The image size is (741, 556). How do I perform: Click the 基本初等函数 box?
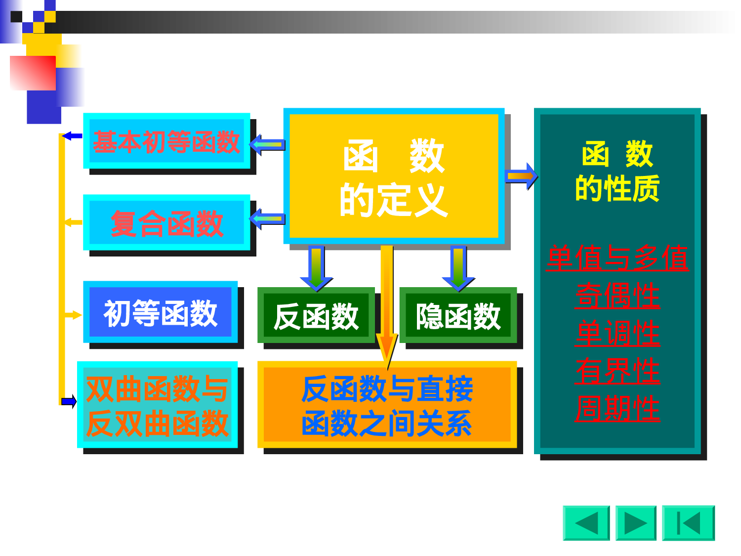click(x=166, y=141)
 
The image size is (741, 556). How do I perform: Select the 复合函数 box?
click(x=166, y=223)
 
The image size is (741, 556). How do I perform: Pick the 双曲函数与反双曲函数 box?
click(x=157, y=405)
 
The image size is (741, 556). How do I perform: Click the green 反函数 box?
click(x=316, y=316)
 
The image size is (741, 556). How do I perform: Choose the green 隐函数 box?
click(x=458, y=316)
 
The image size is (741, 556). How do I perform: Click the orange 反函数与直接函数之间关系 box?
click(x=387, y=405)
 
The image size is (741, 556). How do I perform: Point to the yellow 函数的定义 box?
click(x=394, y=176)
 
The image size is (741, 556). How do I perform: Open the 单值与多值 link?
click(x=617, y=258)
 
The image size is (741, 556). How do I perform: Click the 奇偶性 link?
click(x=617, y=296)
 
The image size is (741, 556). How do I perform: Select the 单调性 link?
click(x=617, y=333)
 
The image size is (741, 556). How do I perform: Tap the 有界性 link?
click(x=617, y=371)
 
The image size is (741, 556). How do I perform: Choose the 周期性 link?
click(x=617, y=408)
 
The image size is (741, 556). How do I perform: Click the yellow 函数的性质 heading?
click(x=617, y=171)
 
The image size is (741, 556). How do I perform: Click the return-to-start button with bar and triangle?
click(x=688, y=523)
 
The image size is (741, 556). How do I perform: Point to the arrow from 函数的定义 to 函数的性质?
click(x=521, y=176)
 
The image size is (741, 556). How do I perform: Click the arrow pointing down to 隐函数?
click(x=458, y=268)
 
